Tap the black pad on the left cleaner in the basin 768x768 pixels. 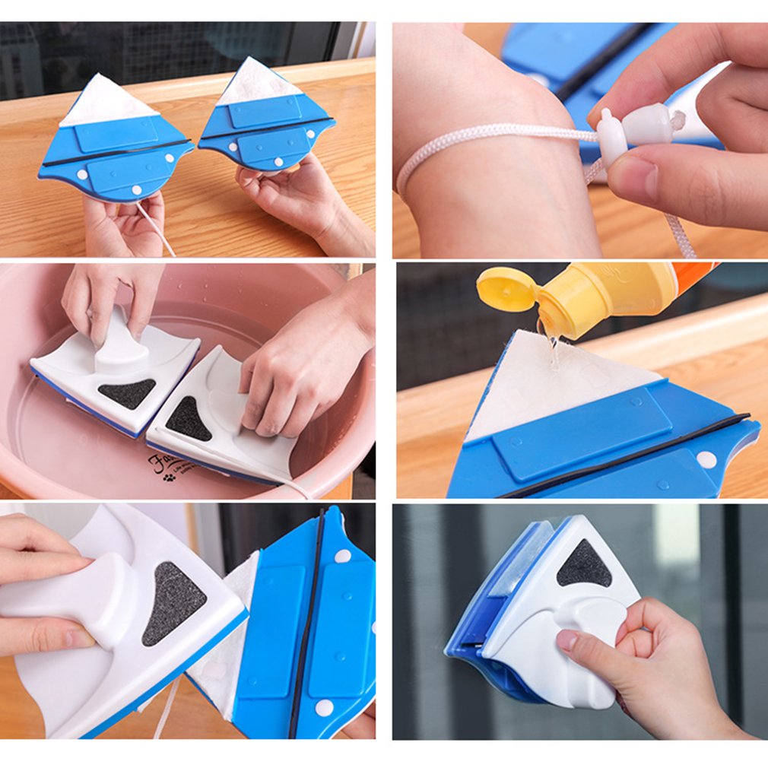tap(127, 392)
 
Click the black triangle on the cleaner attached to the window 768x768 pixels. tap(583, 565)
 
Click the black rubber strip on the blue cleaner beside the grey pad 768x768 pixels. tap(306, 624)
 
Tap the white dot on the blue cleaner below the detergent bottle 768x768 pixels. tap(706, 459)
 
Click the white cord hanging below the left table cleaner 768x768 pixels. tap(156, 229)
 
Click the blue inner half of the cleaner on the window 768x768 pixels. tap(487, 608)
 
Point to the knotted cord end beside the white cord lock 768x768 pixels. tap(675, 119)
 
